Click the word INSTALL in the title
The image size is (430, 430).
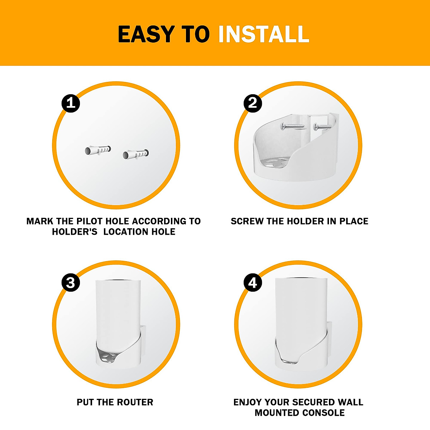coord(263,34)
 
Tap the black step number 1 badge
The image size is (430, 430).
coord(71,103)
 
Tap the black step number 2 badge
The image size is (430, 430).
coord(253,103)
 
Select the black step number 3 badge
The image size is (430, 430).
coord(71,283)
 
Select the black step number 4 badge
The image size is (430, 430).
coord(253,283)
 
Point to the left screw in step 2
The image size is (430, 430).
coord(292,126)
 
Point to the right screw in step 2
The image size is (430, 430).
coord(322,126)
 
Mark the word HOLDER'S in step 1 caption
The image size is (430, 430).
coord(75,232)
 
